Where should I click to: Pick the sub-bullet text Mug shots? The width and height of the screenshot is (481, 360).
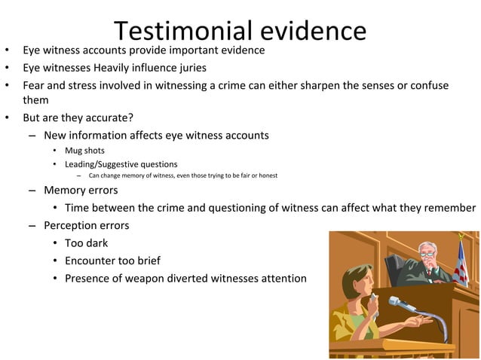[84, 151]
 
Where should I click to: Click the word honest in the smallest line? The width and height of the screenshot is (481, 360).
[268, 175]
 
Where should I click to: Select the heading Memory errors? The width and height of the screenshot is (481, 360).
[81, 190]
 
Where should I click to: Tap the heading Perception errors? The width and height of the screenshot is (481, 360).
[86, 225]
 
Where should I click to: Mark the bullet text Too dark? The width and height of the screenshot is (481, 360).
[86, 243]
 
